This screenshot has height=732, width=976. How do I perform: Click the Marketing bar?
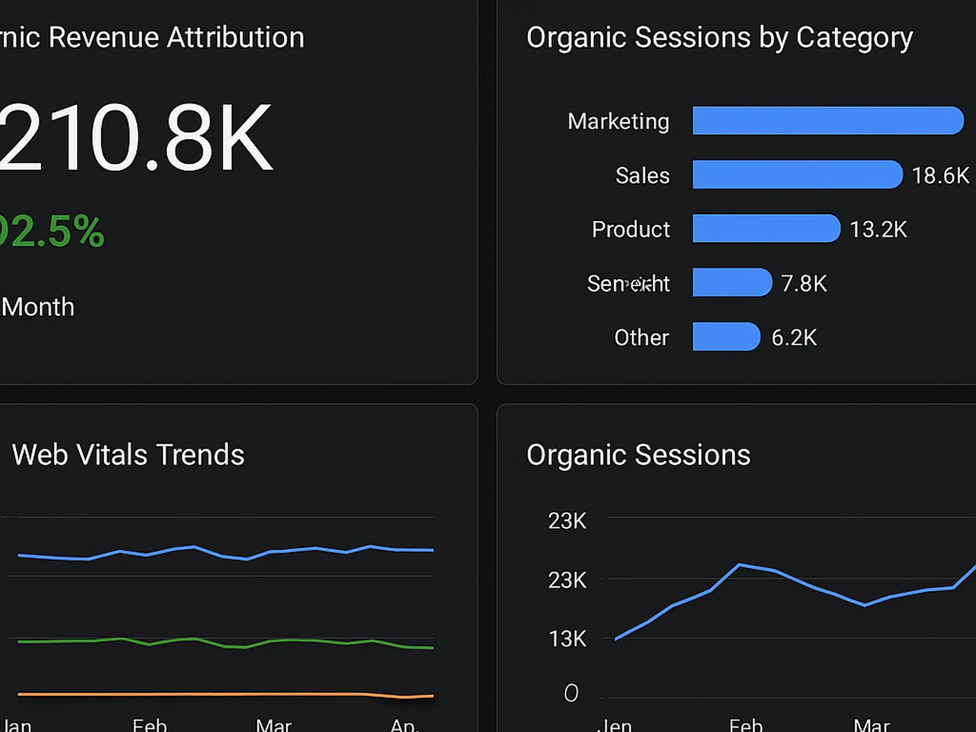(x=828, y=120)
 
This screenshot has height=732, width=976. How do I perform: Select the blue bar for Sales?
(x=797, y=174)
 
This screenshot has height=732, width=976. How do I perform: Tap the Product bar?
(x=766, y=228)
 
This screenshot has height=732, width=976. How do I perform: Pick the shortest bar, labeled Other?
(x=726, y=336)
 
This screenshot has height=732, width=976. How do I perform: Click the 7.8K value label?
(x=804, y=283)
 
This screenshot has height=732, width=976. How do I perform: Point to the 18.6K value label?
(x=940, y=176)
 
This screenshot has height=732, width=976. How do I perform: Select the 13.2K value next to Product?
(x=878, y=229)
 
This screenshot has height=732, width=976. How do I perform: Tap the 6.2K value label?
(x=794, y=337)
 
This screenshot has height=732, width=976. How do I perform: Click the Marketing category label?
(x=618, y=121)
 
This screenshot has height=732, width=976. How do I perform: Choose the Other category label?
(x=641, y=337)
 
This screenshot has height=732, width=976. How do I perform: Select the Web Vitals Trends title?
(x=128, y=454)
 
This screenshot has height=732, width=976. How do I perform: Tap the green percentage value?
(x=52, y=231)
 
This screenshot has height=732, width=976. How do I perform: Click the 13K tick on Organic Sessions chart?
(x=567, y=639)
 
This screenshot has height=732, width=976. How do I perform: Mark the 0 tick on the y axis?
(x=571, y=693)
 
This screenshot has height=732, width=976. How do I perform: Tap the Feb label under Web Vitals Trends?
(x=149, y=725)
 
